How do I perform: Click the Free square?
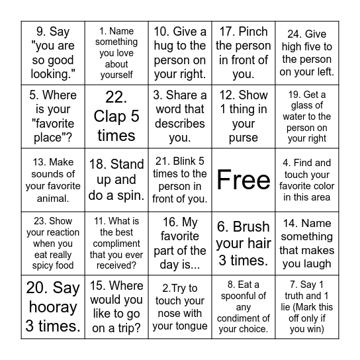tap(244, 180)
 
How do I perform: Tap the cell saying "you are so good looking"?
tap(54, 53)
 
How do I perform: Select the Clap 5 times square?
tap(116, 116)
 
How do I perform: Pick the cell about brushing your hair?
tap(244, 244)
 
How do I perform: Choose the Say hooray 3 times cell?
tap(53, 307)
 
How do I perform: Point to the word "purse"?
tap(244, 138)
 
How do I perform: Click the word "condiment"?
tap(244, 318)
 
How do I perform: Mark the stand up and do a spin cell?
tap(116, 180)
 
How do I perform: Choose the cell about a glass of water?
tap(307, 116)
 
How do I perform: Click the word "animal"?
tap(53, 198)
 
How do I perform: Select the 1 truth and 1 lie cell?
tap(307, 307)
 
